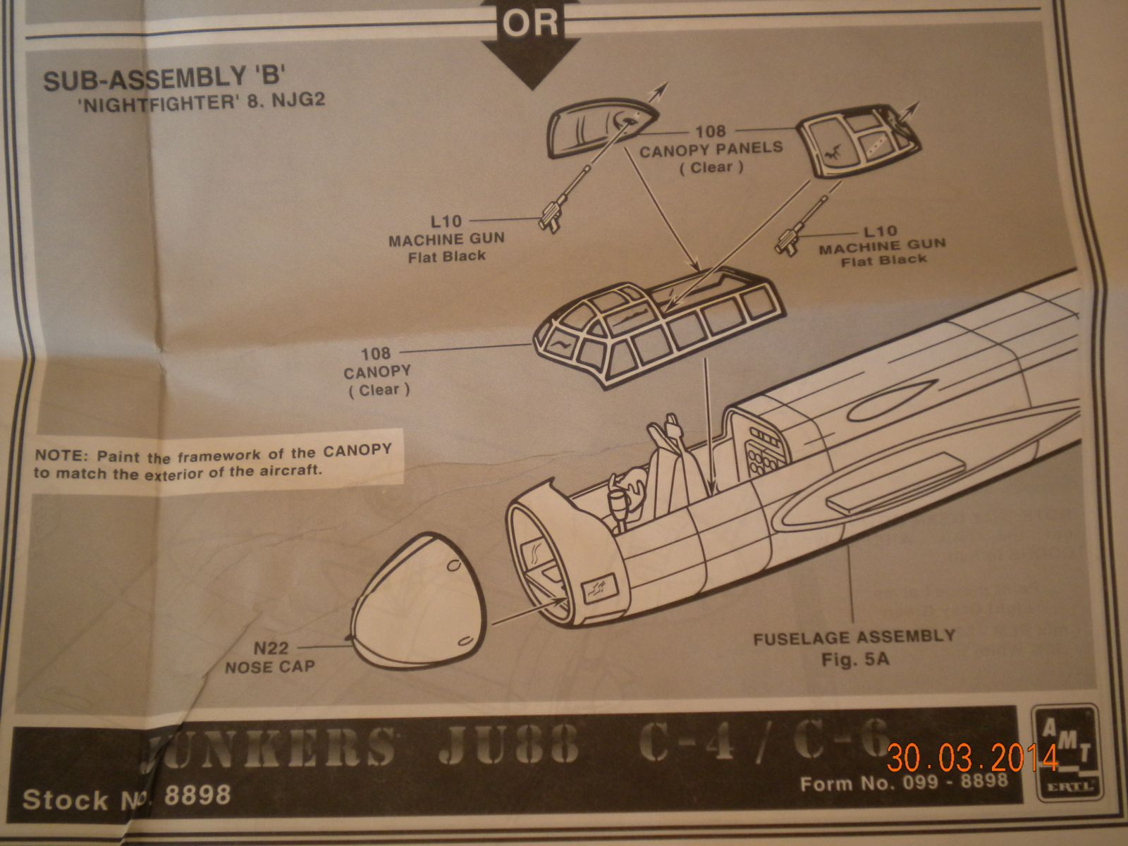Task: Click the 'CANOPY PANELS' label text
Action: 711,149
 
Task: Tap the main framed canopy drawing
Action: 656,324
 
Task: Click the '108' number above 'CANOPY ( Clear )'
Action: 376,352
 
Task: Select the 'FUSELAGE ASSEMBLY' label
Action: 853,639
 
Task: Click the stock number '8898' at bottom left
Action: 197,795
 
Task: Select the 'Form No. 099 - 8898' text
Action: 904,783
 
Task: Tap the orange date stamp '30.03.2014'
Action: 972,758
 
